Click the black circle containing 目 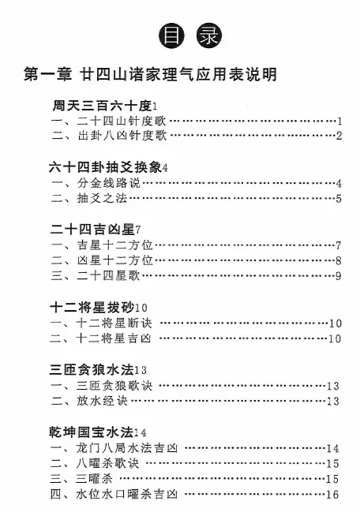pyautogui.click(x=171, y=36)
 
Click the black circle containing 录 pyautogui.click(x=209, y=36)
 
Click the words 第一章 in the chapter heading pyautogui.click(x=47, y=74)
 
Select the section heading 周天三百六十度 pyautogui.click(x=103, y=106)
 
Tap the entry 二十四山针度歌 pyautogui.click(x=122, y=121)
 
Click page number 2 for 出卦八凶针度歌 pyautogui.click(x=339, y=136)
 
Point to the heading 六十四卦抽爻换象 pyautogui.click(x=105, y=167)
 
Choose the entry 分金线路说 pyautogui.click(x=108, y=183)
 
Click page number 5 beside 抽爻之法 pyautogui.click(x=339, y=199)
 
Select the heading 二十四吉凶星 pyautogui.click(x=92, y=230)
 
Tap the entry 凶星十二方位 pyautogui.click(x=115, y=260)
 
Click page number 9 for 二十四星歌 pyautogui.click(x=339, y=276)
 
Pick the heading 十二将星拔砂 pyautogui.click(x=92, y=307)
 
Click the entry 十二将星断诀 pyautogui.click(x=114, y=323)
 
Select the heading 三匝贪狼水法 pyautogui.click(x=92, y=370)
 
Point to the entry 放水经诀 pyautogui.click(x=103, y=401)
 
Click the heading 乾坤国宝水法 pyautogui.click(x=91, y=432)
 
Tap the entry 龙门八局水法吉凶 pyautogui.click(x=127, y=448)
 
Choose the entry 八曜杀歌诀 pyautogui.click(x=107, y=464)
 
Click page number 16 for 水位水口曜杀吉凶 pyautogui.click(x=332, y=495)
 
